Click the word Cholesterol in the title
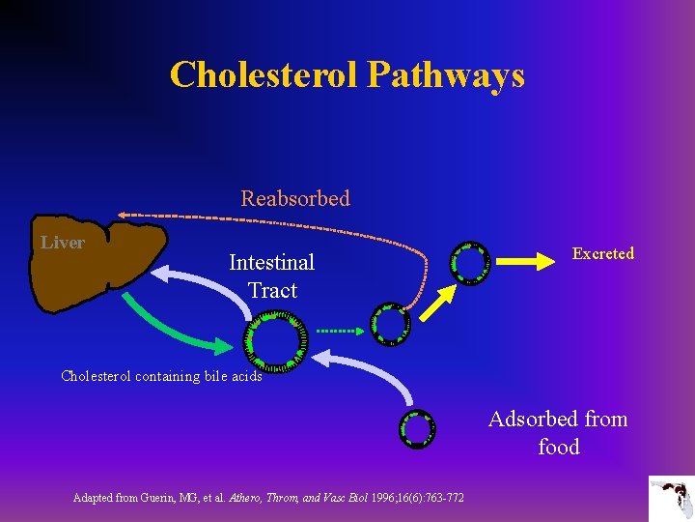pyautogui.click(x=264, y=74)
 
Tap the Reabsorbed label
pyautogui.click(x=294, y=198)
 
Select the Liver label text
pyautogui.click(x=63, y=243)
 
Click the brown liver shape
pyautogui.click(x=97, y=271)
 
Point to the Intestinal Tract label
pyautogui.click(x=271, y=275)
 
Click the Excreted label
pyautogui.click(x=602, y=253)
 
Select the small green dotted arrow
pyautogui.click(x=340, y=331)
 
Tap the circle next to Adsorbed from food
pyautogui.click(x=417, y=428)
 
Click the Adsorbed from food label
pyautogui.click(x=558, y=432)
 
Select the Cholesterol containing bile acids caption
pyautogui.click(x=161, y=376)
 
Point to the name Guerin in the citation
pyautogui.click(x=174, y=498)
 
